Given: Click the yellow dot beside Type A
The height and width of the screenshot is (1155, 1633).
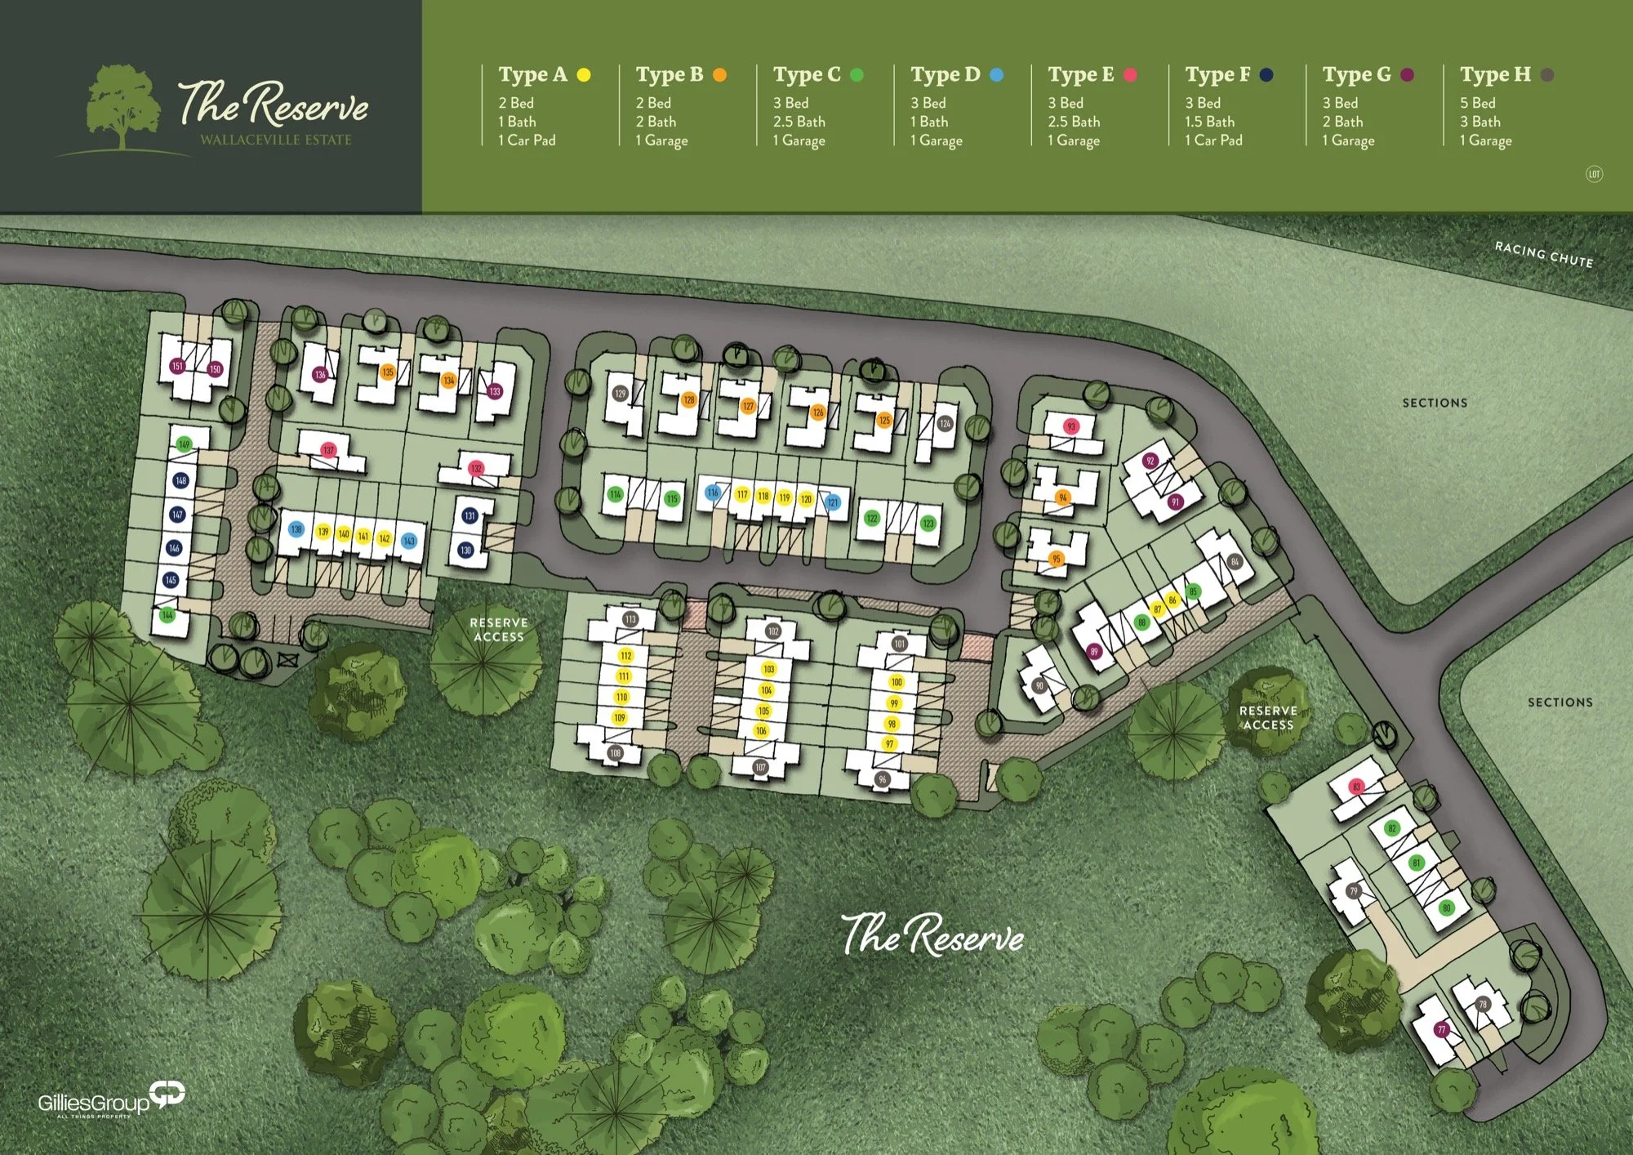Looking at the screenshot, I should point(584,75).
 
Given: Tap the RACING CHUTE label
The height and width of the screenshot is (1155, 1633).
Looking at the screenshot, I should point(1543,255).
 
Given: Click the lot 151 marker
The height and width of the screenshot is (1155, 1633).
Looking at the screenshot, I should point(177,366).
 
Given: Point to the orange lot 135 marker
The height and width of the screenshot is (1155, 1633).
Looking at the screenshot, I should point(388,372).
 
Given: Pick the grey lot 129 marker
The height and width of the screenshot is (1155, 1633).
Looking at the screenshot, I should point(621,394).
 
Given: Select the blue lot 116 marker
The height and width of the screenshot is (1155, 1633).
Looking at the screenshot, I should point(713,493).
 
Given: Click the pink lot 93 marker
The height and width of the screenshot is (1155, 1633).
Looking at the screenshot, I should point(1071,426).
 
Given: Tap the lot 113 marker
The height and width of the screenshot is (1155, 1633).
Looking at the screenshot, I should point(630,619).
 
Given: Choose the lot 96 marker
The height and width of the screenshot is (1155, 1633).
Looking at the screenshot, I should point(883,779).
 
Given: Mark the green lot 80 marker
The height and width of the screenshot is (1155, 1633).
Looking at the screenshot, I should point(1446,908).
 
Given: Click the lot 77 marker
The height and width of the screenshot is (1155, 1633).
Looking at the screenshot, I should point(1442,1030).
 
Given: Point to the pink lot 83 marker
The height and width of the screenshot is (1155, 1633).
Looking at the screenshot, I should point(1356,787).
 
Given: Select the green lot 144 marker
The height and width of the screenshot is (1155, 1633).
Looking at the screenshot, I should point(167,615).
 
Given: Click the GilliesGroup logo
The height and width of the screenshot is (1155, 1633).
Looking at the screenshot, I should point(111,1101).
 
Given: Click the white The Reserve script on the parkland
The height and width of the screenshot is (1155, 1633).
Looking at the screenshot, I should point(932,935).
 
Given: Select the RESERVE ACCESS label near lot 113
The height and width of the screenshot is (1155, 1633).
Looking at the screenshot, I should point(499,630).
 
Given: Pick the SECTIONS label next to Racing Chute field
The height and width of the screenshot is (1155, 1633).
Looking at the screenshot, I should point(1435,403).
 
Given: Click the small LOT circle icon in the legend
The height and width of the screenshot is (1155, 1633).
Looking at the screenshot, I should point(1594,174).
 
